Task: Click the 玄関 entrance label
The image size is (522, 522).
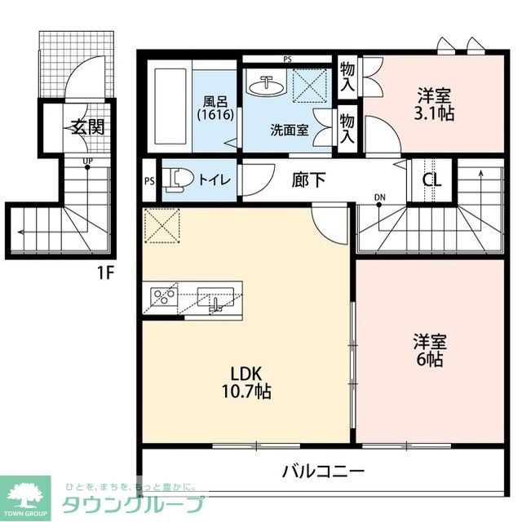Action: (85, 127)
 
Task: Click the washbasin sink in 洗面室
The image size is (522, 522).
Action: (266, 85)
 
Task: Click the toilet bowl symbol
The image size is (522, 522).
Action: (176, 179)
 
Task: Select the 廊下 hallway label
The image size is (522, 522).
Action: (309, 179)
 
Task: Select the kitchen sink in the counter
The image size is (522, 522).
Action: (216, 298)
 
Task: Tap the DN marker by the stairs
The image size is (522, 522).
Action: (380, 197)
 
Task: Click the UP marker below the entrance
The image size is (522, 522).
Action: (86, 160)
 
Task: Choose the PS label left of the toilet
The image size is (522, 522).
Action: (149, 181)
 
